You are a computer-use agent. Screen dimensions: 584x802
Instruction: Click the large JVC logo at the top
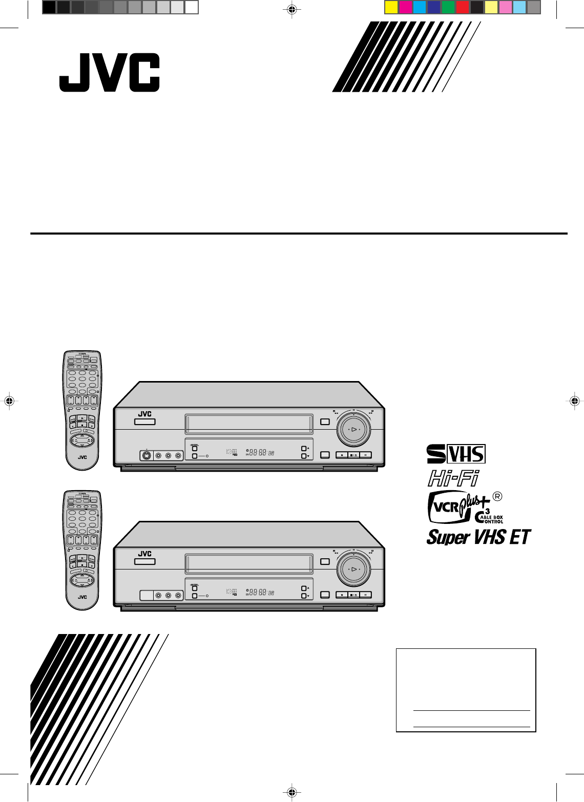point(109,73)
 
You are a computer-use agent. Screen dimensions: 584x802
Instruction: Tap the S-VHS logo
point(456,454)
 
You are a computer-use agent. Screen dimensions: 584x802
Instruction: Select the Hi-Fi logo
point(453,478)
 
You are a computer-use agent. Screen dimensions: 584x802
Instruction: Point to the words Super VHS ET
point(478,537)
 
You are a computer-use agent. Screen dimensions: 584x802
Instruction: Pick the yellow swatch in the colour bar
point(391,7)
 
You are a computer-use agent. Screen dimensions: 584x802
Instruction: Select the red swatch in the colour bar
point(462,7)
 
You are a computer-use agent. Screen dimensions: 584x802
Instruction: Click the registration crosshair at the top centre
point(291,9)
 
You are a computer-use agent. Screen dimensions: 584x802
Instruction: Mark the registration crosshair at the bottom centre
point(291,792)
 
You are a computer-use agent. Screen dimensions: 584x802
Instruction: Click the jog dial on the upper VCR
point(353,429)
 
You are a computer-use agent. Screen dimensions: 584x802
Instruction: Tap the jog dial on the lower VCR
point(353,568)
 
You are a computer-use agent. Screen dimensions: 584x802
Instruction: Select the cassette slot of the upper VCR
point(249,424)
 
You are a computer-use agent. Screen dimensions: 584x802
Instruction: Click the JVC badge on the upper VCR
point(145,414)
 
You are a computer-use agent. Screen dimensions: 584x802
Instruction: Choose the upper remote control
point(82,410)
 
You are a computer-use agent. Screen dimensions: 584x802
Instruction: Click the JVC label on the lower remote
point(82,597)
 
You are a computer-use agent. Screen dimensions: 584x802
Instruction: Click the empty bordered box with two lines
point(466,690)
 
